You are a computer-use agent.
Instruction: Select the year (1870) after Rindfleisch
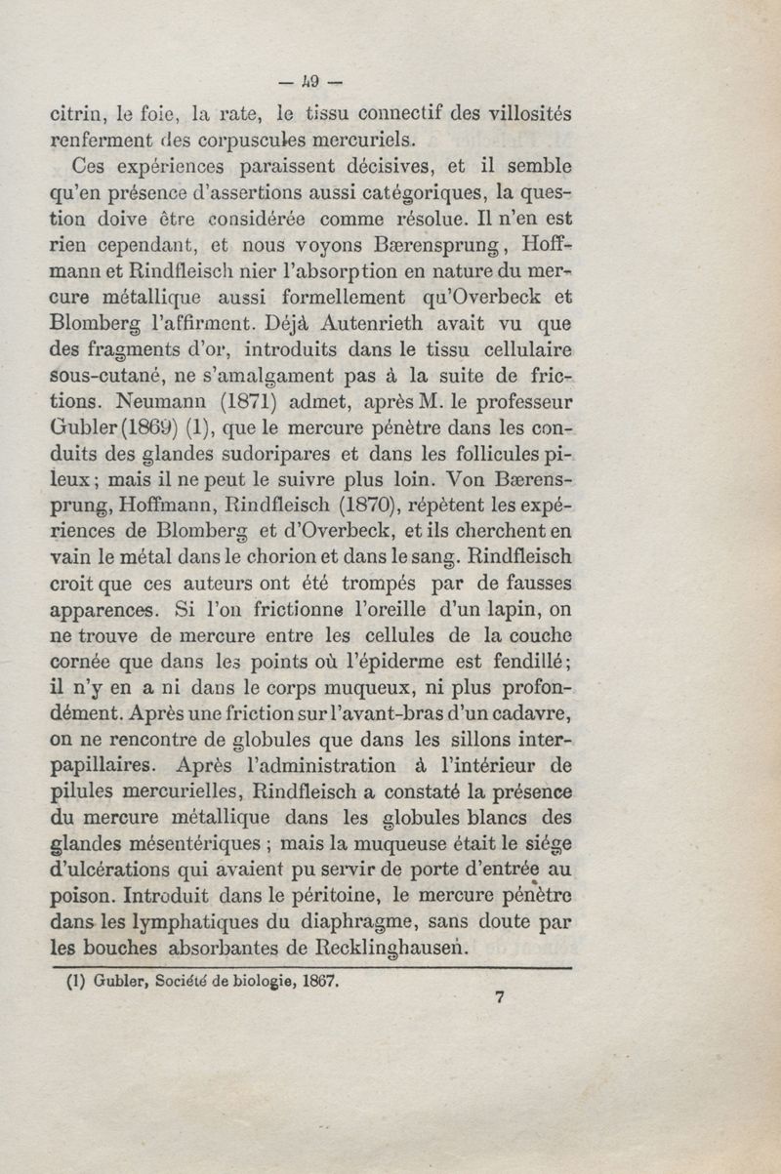(374, 505)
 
